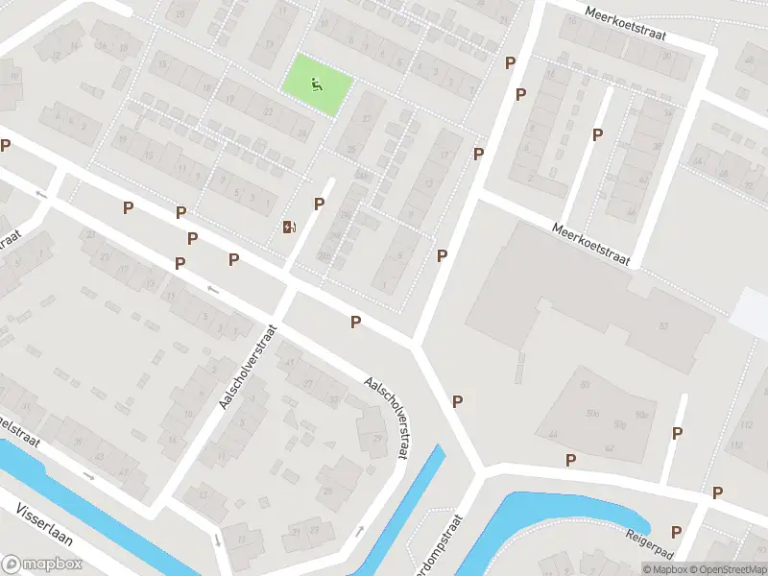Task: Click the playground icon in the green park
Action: point(317,85)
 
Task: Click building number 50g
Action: point(619,424)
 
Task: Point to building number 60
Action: point(585,385)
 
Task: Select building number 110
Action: point(735,446)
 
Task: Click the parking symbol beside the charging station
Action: point(319,204)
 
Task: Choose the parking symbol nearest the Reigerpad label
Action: point(676,532)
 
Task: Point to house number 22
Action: point(269,112)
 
